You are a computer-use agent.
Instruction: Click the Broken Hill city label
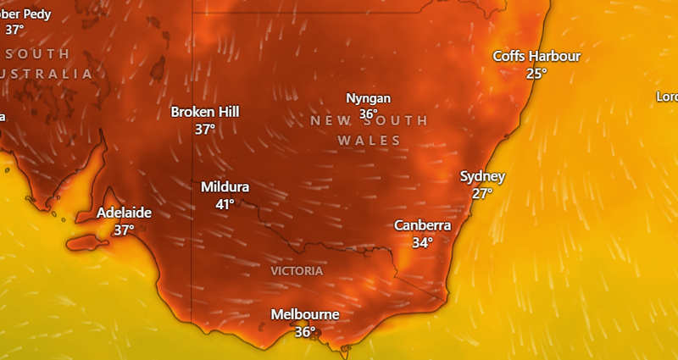click(205, 112)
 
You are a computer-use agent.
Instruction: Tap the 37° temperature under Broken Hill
click(205, 130)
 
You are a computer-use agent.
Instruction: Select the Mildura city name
click(225, 187)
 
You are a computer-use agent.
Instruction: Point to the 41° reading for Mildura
click(225, 204)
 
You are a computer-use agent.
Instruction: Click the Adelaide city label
click(124, 213)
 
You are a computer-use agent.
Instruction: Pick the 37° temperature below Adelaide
click(125, 230)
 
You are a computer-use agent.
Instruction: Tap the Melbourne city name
click(305, 314)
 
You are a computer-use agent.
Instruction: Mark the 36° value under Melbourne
click(305, 332)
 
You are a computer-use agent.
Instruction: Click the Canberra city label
click(422, 225)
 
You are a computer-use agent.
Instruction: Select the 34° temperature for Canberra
click(422, 242)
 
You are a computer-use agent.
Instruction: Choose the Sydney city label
click(482, 176)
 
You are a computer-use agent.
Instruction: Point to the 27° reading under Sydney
click(482, 193)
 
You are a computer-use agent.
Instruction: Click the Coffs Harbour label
click(537, 56)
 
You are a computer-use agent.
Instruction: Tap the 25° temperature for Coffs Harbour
click(536, 74)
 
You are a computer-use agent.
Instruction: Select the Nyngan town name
click(368, 97)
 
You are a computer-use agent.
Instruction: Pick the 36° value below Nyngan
click(368, 114)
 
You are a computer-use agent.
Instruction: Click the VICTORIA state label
click(297, 271)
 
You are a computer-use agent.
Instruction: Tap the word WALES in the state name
click(369, 140)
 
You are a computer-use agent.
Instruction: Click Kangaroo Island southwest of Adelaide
click(88, 244)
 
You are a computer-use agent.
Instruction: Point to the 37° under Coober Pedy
click(14, 30)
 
